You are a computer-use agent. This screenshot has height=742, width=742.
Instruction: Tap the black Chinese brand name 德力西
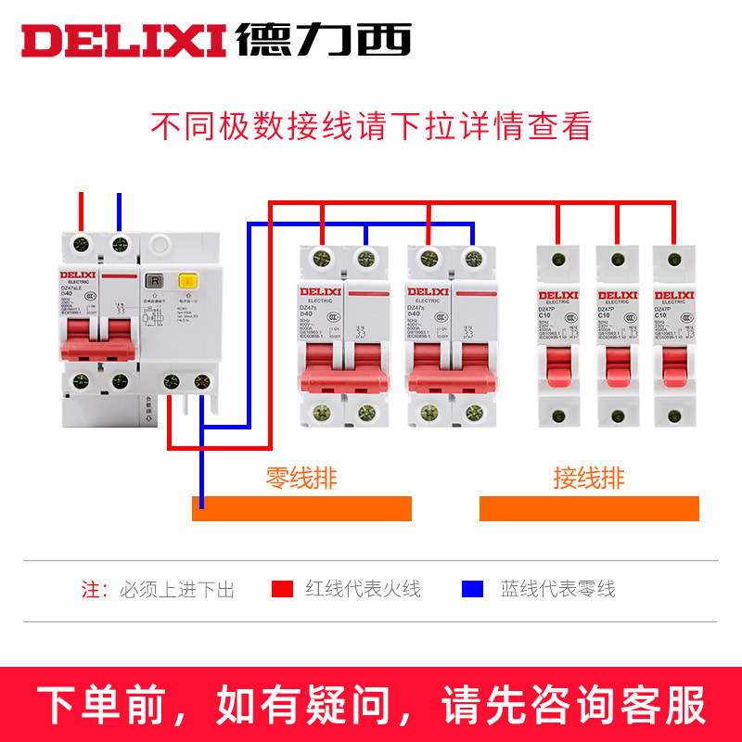click(323, 38)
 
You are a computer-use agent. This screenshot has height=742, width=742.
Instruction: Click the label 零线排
click(301, 479)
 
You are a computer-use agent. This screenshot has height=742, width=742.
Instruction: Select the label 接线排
click(589, 479)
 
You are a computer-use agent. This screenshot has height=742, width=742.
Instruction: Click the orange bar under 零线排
click(301, 508)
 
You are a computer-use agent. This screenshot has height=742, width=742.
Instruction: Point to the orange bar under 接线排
click(589, 508)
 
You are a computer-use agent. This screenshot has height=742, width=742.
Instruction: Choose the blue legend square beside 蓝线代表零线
click(473, 589)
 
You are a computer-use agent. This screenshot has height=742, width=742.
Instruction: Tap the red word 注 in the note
click(90, 589)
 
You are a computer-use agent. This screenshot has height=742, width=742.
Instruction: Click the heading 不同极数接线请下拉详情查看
click(371, 126)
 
